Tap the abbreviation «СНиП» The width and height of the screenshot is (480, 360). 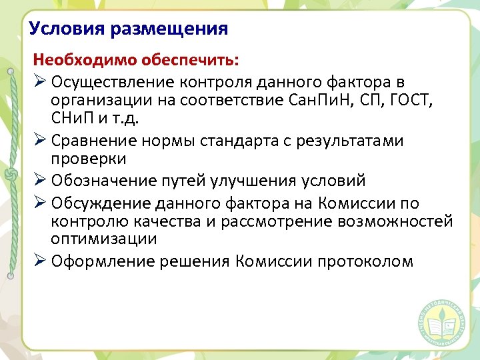click(75, 119)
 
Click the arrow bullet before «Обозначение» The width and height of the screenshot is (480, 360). click(39, 181)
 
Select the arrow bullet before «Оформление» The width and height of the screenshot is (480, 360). click(39, 261)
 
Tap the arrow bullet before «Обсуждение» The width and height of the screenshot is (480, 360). click(39, 203)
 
